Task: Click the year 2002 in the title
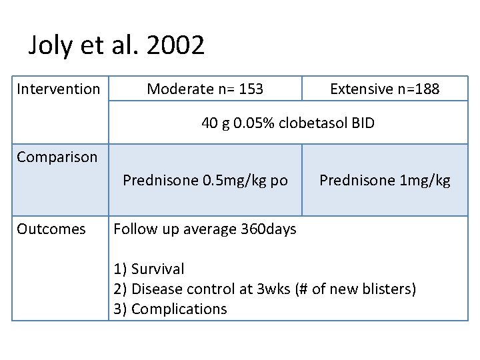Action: point(175,46)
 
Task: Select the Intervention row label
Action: point(58,89)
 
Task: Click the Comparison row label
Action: point(57,157)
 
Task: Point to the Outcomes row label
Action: point(51,229)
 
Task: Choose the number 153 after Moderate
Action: point(251,89)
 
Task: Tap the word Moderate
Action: point(177,89)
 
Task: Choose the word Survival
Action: point(158,269)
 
